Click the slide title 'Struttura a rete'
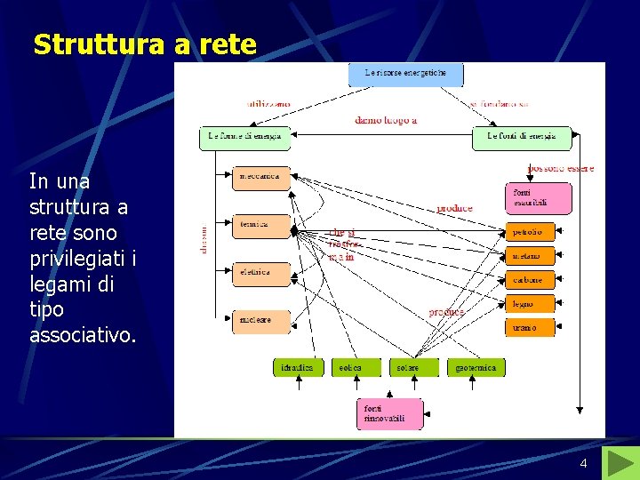pos(144,44)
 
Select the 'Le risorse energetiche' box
pos(405,73)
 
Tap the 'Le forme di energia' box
pos(244,137)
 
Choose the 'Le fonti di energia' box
pos(521,137)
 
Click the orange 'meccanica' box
pos(260,177)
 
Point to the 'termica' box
pos(260,225)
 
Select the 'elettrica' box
pos(260,273)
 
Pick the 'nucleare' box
pos(260,320)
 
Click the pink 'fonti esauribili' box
pos(538,197)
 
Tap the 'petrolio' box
pos(530,232)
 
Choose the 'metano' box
pos(530,256)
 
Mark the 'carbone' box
pos(530,280)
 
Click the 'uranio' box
pos(530,327)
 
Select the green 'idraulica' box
pos(298,366)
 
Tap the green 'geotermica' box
pos(476,366)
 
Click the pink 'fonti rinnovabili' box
pos(389,413)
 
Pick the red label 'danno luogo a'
pos(386,119)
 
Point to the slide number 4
pos(583,464)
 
